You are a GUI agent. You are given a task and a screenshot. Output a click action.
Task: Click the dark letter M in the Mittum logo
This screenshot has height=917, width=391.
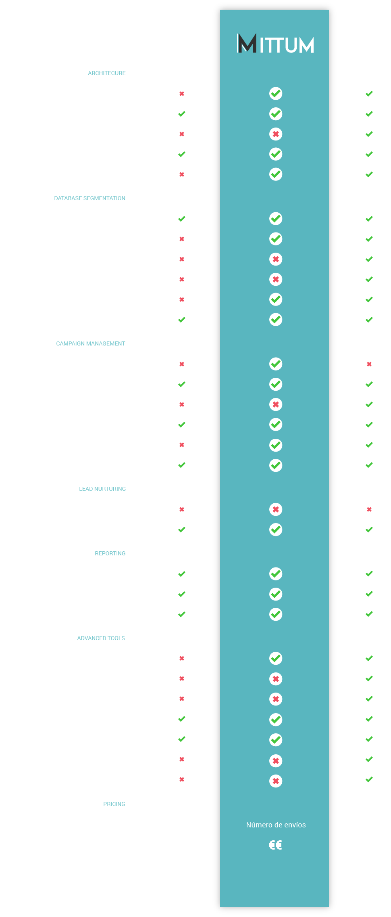(247, 43)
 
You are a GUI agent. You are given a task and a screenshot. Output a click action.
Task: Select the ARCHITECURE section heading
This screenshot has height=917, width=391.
(107, 73)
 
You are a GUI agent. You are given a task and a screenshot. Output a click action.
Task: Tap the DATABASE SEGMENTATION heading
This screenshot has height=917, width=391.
(89, 198)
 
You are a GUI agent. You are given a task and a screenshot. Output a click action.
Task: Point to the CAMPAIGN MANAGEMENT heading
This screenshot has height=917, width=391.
(90, 343)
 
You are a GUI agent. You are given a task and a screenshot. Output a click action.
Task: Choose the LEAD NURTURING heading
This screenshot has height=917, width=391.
(102, 489)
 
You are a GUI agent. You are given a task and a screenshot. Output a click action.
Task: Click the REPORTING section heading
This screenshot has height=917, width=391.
(110, 553)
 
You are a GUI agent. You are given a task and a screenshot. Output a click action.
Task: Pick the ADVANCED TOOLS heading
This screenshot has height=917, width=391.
(101, 638)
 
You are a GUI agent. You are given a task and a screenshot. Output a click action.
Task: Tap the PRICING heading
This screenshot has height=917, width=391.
(114, 804)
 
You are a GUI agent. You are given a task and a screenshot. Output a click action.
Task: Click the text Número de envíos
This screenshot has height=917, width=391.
(276, 825)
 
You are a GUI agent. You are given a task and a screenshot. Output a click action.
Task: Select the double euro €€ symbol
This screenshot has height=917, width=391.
(275, 845)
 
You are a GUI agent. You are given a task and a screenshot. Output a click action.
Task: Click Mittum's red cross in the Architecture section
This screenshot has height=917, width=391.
(276, 134)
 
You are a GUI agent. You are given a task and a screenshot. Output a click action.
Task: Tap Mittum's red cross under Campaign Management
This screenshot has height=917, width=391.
(276, 404)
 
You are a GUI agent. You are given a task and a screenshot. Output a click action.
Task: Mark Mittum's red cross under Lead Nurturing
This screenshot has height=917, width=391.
(276, 509)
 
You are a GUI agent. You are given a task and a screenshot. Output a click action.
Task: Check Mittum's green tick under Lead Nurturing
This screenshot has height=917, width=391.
(276, 530)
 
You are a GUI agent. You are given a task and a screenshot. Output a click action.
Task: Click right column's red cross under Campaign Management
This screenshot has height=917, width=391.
(369, 364)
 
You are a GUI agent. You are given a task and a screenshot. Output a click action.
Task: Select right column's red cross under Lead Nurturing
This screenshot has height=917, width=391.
(369, 509)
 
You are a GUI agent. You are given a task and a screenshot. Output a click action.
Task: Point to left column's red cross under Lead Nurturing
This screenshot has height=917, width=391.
(182, 509)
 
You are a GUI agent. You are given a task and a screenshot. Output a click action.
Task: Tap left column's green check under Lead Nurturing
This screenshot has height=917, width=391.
(182, 530)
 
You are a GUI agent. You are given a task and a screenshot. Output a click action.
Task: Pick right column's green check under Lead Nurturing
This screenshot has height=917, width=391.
(369, 530)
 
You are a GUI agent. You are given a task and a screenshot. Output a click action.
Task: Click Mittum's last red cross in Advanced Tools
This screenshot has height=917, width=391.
(276, 781)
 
